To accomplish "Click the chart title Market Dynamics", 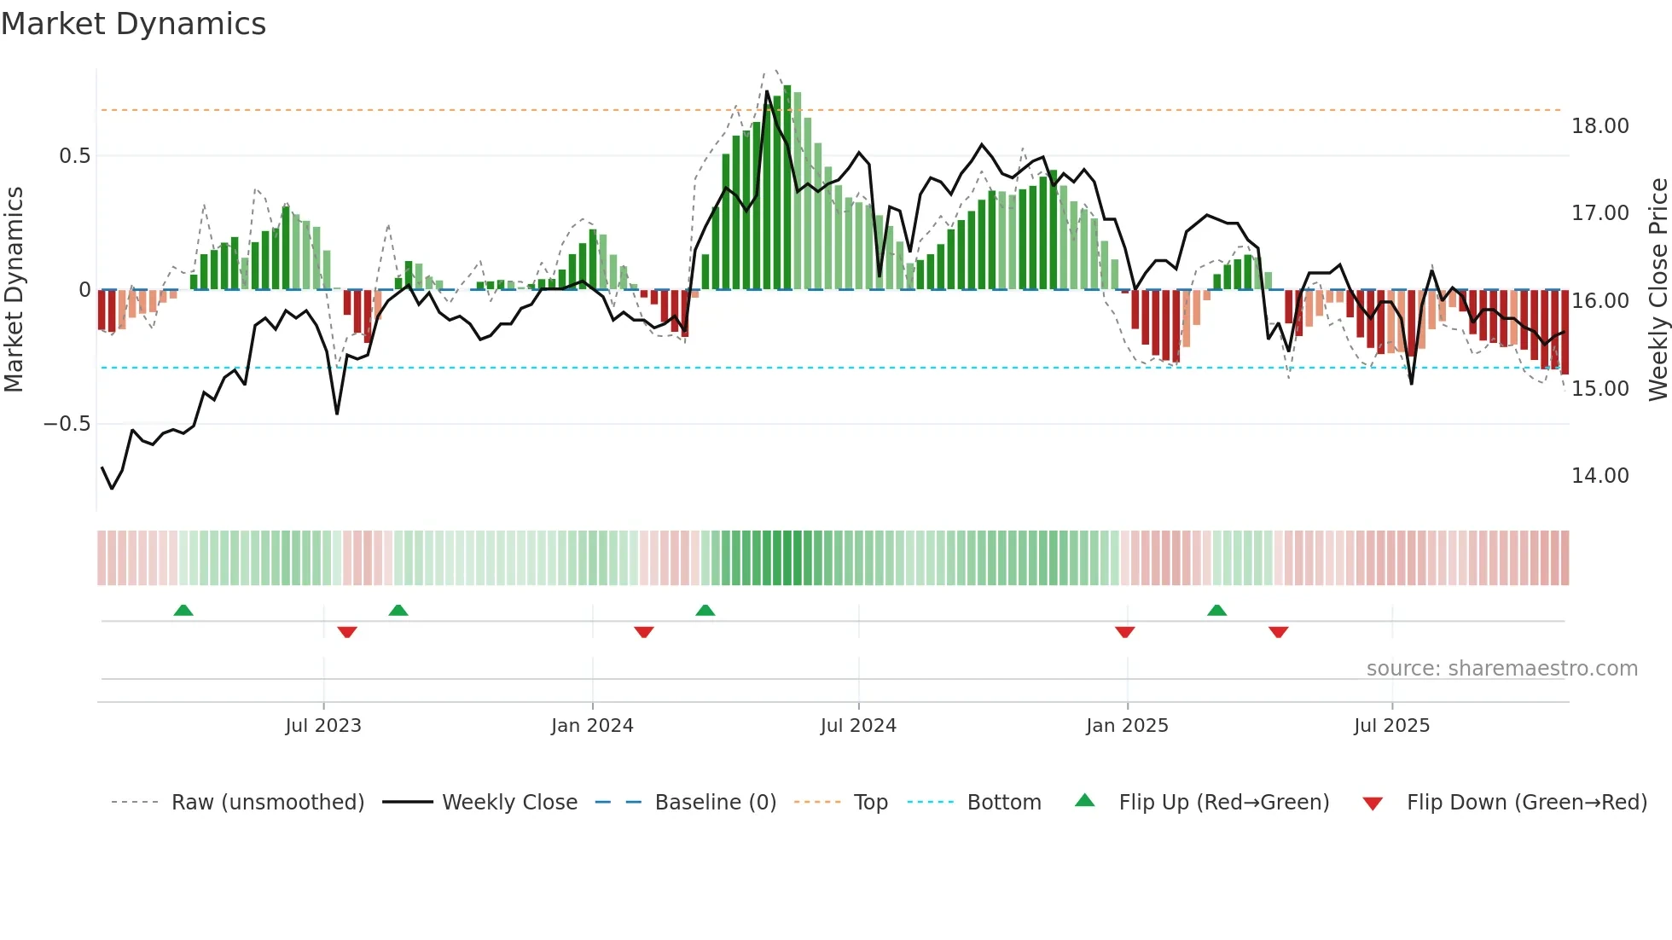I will pyautogui.click(x=133, y=24).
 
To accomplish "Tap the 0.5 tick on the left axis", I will pyautogui.click(x=74, y=156).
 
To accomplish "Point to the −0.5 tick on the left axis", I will pyautogui.click(x=67, y=424).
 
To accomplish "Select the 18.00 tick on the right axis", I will pyautogui.click(x=1599, y=126).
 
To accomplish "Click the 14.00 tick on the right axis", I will pyautogui.click(x=1599, y=476).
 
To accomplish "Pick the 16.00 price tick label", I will pyautogui.click(x=1599, y=301).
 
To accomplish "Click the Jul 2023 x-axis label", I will pyautogui.click(x=323, y=726).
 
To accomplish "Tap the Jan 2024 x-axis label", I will pyautogui.click(x=592, y=726).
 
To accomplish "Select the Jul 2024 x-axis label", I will pyautogui.click(x=858, y=726).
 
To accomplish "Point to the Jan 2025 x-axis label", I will pyautogui.click(x=1127, y=726).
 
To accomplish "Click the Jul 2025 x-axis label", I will pyautogui.click(x=1391, y=726).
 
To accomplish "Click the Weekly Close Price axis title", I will pyautogui.click(x=1657, y=290).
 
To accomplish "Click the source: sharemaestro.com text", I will pyautogui.click(x=1501, y=669).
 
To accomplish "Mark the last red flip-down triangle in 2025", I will pyautogui.click(x=1278, y=632).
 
